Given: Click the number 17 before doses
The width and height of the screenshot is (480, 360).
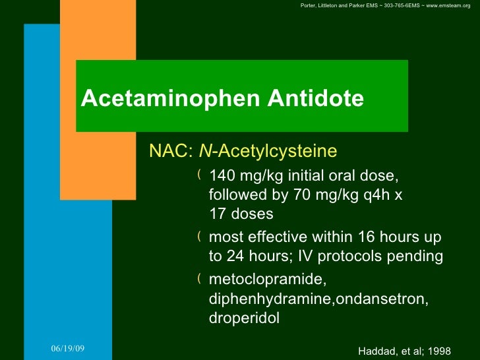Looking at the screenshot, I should point(217,214).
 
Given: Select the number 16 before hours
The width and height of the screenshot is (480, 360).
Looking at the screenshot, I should point(366,237).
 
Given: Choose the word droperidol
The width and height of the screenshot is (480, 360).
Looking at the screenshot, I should point(244,318).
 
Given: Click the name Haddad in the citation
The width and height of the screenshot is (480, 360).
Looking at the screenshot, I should point(375,350).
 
